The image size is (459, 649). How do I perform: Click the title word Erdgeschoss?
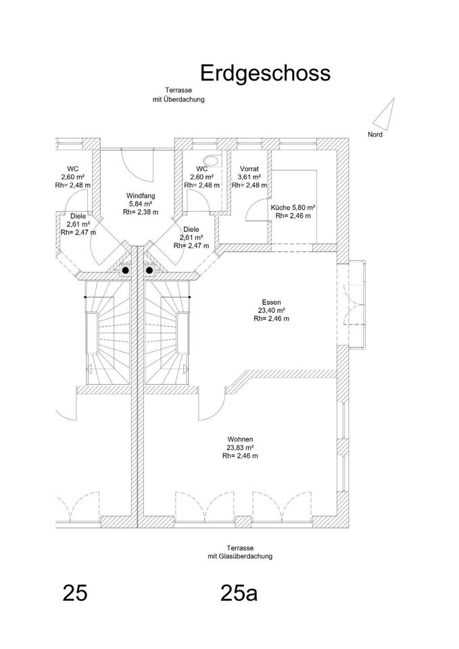(265, 73)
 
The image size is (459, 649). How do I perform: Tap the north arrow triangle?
(385, 113)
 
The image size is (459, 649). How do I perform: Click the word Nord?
(375, 135)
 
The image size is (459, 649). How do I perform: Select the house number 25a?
(239, 593)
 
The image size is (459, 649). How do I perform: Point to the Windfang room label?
(141, 195)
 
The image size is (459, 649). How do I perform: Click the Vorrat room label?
(249, 169)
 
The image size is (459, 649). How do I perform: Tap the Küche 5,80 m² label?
(293, 208)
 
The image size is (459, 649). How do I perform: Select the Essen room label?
(272, 302)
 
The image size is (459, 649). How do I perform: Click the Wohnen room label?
(240, 439)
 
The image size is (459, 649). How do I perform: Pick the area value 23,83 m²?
(240, 448)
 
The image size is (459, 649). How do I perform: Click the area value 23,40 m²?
(272, 310)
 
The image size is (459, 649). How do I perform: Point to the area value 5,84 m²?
(141, 203)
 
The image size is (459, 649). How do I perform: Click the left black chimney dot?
(126, 270)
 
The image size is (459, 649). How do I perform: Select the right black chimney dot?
(149, 270)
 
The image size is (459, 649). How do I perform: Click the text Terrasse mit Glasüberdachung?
(240, 552)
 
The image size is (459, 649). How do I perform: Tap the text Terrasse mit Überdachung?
(178, 95)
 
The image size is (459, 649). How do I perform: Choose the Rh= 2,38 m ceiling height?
(141, 212)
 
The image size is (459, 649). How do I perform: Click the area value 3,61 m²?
(249, 177)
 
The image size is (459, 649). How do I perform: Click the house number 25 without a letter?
(74, 593)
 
